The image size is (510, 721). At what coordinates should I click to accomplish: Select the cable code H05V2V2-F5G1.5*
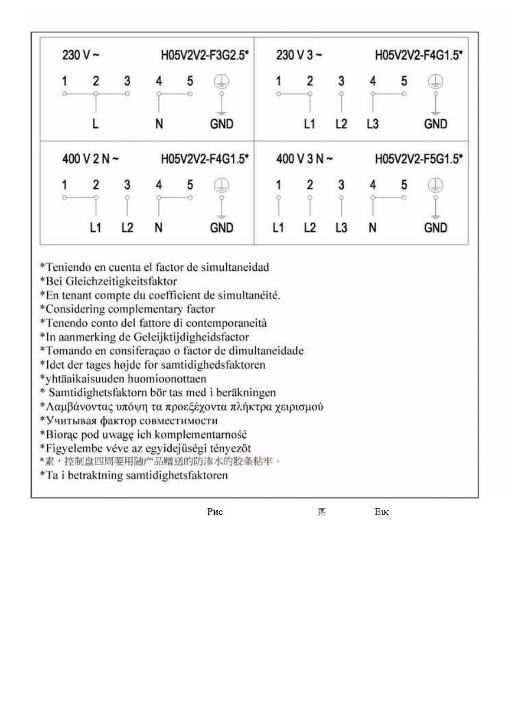[418, 159]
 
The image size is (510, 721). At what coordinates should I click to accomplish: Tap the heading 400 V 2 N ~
[91, 159]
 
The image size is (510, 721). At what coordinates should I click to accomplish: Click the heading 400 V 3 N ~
[305, 159]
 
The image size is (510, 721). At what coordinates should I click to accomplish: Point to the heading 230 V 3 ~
[299, 56]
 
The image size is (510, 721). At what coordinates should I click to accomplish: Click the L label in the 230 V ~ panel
[96, 124]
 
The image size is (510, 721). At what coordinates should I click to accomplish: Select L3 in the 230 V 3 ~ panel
[372, 124]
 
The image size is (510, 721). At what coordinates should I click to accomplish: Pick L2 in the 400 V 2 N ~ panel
[127, 228]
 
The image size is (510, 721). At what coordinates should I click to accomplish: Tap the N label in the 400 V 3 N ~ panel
[372, 228]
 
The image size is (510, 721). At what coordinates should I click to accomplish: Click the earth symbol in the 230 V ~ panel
[222, 82]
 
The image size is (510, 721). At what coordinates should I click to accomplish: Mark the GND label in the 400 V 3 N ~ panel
[435, 228]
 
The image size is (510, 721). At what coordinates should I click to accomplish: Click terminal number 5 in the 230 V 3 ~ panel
[404, 82]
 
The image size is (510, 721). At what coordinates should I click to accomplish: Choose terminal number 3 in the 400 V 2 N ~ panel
[127, 185]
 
